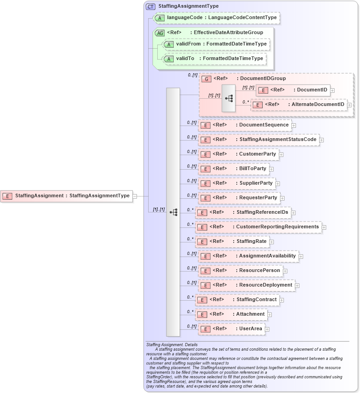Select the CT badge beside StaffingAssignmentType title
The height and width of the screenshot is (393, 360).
150,6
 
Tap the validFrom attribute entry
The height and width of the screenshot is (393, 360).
216,44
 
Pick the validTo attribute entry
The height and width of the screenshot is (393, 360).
214,59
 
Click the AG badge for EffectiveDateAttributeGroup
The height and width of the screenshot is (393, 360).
160,33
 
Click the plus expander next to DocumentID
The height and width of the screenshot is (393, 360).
333,90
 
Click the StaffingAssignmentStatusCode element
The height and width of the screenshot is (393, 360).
259,139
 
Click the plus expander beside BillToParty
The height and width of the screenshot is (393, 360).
271,169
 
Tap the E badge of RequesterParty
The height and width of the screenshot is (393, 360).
205,198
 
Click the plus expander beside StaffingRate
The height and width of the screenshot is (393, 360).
271,242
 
